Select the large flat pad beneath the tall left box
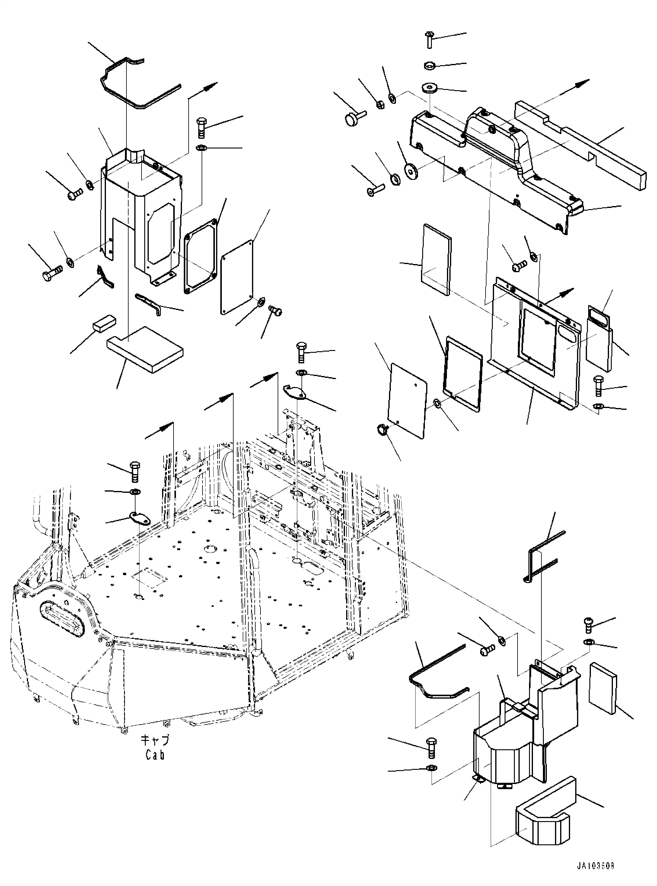coord(145,349)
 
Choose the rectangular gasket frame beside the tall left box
coord(201,257)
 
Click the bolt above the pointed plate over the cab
coord(301,352)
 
